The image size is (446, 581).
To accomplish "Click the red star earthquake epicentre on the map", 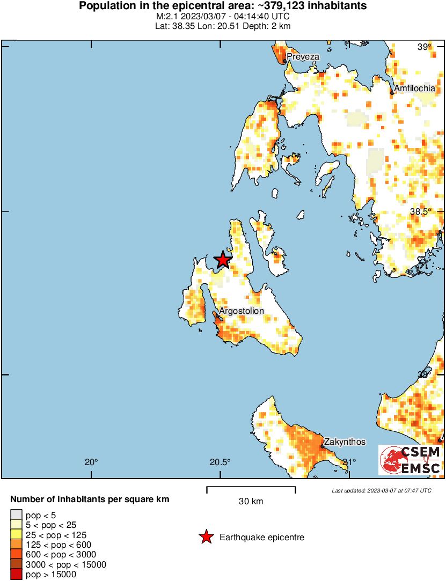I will (x=223, y=260).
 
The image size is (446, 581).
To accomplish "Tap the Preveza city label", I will (x=303, y=56).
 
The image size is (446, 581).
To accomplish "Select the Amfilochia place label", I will (x=414, y=88).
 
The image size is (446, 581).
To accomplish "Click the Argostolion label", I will (x=241, y=311).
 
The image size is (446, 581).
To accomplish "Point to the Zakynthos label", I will (x=345, y=442).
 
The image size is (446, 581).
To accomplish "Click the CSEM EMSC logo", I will (x=411, y=460).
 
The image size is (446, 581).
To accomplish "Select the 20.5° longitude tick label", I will (x=220, y=462).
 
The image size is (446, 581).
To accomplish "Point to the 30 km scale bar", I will (x=251, y=490).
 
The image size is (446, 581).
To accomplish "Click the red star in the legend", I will (x=206, y=537).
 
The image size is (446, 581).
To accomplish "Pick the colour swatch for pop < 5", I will (x=17, y=516).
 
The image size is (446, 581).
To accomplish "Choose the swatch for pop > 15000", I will (x=17, y=574).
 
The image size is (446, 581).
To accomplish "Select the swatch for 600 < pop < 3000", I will (x=17, y=554).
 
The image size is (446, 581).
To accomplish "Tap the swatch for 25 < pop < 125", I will (x=17, y=535).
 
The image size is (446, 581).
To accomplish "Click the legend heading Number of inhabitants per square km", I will (x=90, y=499).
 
